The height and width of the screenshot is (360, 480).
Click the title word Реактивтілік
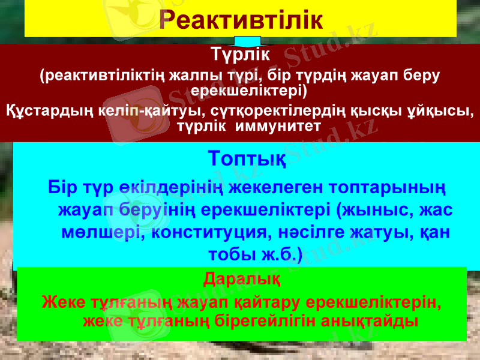[241, 20]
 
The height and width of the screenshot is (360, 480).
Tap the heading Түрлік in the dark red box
[240, 55]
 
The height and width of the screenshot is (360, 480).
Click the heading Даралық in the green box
[241, 280]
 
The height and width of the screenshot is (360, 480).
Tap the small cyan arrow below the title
[247, 41]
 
